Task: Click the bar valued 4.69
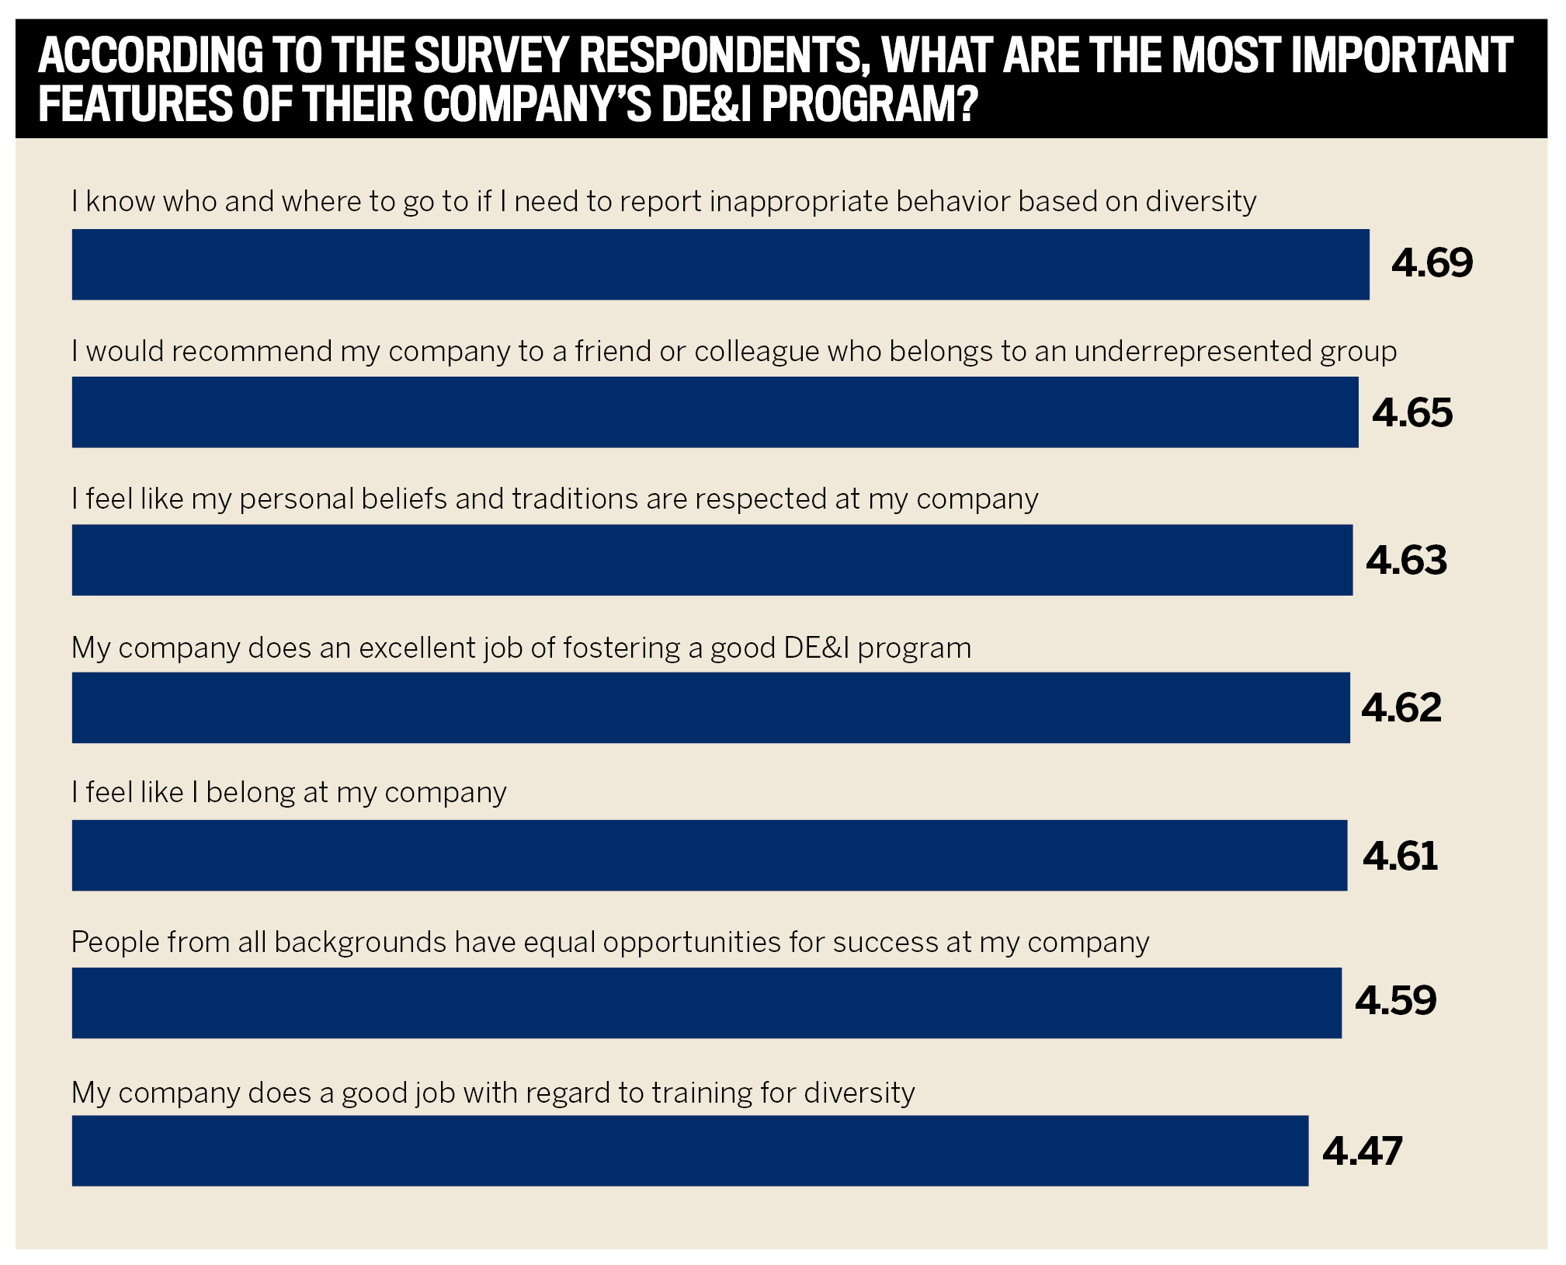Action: point(720,264)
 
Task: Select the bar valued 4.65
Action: point(714,412)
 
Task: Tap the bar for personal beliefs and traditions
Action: point(712,560)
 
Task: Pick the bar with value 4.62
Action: point(710,707)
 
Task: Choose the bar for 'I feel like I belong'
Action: point(709,855)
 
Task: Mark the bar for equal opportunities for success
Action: point(707,1003)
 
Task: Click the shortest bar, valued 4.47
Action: point(689,1151)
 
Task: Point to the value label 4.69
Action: point(1432,263)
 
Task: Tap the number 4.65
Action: point(1412,412)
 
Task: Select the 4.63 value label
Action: point(1406,560)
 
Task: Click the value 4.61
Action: point(1401,856)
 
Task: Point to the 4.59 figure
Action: point(1395,1000)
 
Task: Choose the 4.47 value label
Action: point(1363,1151)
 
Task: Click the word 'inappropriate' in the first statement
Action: point(798,202)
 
